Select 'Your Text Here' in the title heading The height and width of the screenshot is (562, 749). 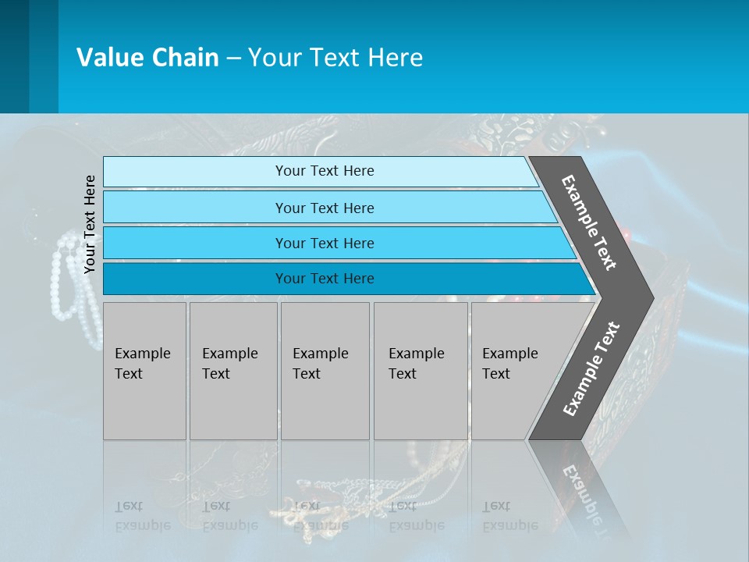335,58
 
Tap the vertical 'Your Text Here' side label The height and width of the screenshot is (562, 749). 90,224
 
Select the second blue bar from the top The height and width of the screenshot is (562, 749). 324,208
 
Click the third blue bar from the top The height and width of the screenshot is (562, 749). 324,243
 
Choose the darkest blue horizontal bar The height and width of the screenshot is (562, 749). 324,279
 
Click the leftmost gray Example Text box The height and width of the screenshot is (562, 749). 144,371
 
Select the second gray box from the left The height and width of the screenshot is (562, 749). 233,371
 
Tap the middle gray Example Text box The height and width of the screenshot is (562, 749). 325,371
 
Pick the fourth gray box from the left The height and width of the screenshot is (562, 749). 420,371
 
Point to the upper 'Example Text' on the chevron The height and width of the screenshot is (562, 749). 589,222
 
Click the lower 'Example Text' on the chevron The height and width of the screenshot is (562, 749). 591,368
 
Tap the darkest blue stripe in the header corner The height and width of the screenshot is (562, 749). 14,56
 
